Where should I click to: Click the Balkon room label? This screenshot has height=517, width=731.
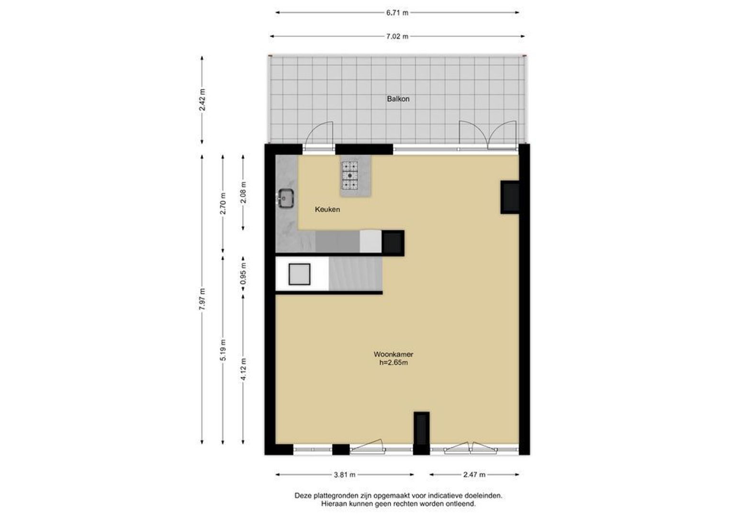(x=398, y=99)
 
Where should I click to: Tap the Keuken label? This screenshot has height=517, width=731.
(x=327, y=210)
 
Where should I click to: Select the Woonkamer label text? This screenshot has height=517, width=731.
(x=394, y=354)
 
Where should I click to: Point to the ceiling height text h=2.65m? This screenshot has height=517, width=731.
(x=394, y=363)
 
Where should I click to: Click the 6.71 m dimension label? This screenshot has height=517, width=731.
(x=397, y=13)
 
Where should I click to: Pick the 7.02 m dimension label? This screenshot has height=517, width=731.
(x=397, y=36)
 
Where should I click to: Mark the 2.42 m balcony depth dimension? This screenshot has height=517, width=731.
(x=202, y=100)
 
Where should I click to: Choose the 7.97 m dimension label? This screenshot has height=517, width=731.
(x=202, y=299)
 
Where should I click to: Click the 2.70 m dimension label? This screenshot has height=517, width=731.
(x=223, y=203)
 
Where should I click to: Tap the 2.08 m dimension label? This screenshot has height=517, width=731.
(x=244, y=192)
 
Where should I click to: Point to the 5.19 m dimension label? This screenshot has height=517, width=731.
(x=223, y=350)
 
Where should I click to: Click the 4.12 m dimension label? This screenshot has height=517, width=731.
(x=244, y=369)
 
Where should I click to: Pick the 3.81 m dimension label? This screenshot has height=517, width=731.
(x=345, y=475)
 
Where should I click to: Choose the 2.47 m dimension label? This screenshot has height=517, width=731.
(x=474, y=475)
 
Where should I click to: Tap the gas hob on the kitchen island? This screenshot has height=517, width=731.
(x=349, y=176)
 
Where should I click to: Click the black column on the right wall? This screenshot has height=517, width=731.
(x=510, y=197)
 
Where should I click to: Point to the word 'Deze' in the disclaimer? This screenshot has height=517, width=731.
(x=303, y=496)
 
